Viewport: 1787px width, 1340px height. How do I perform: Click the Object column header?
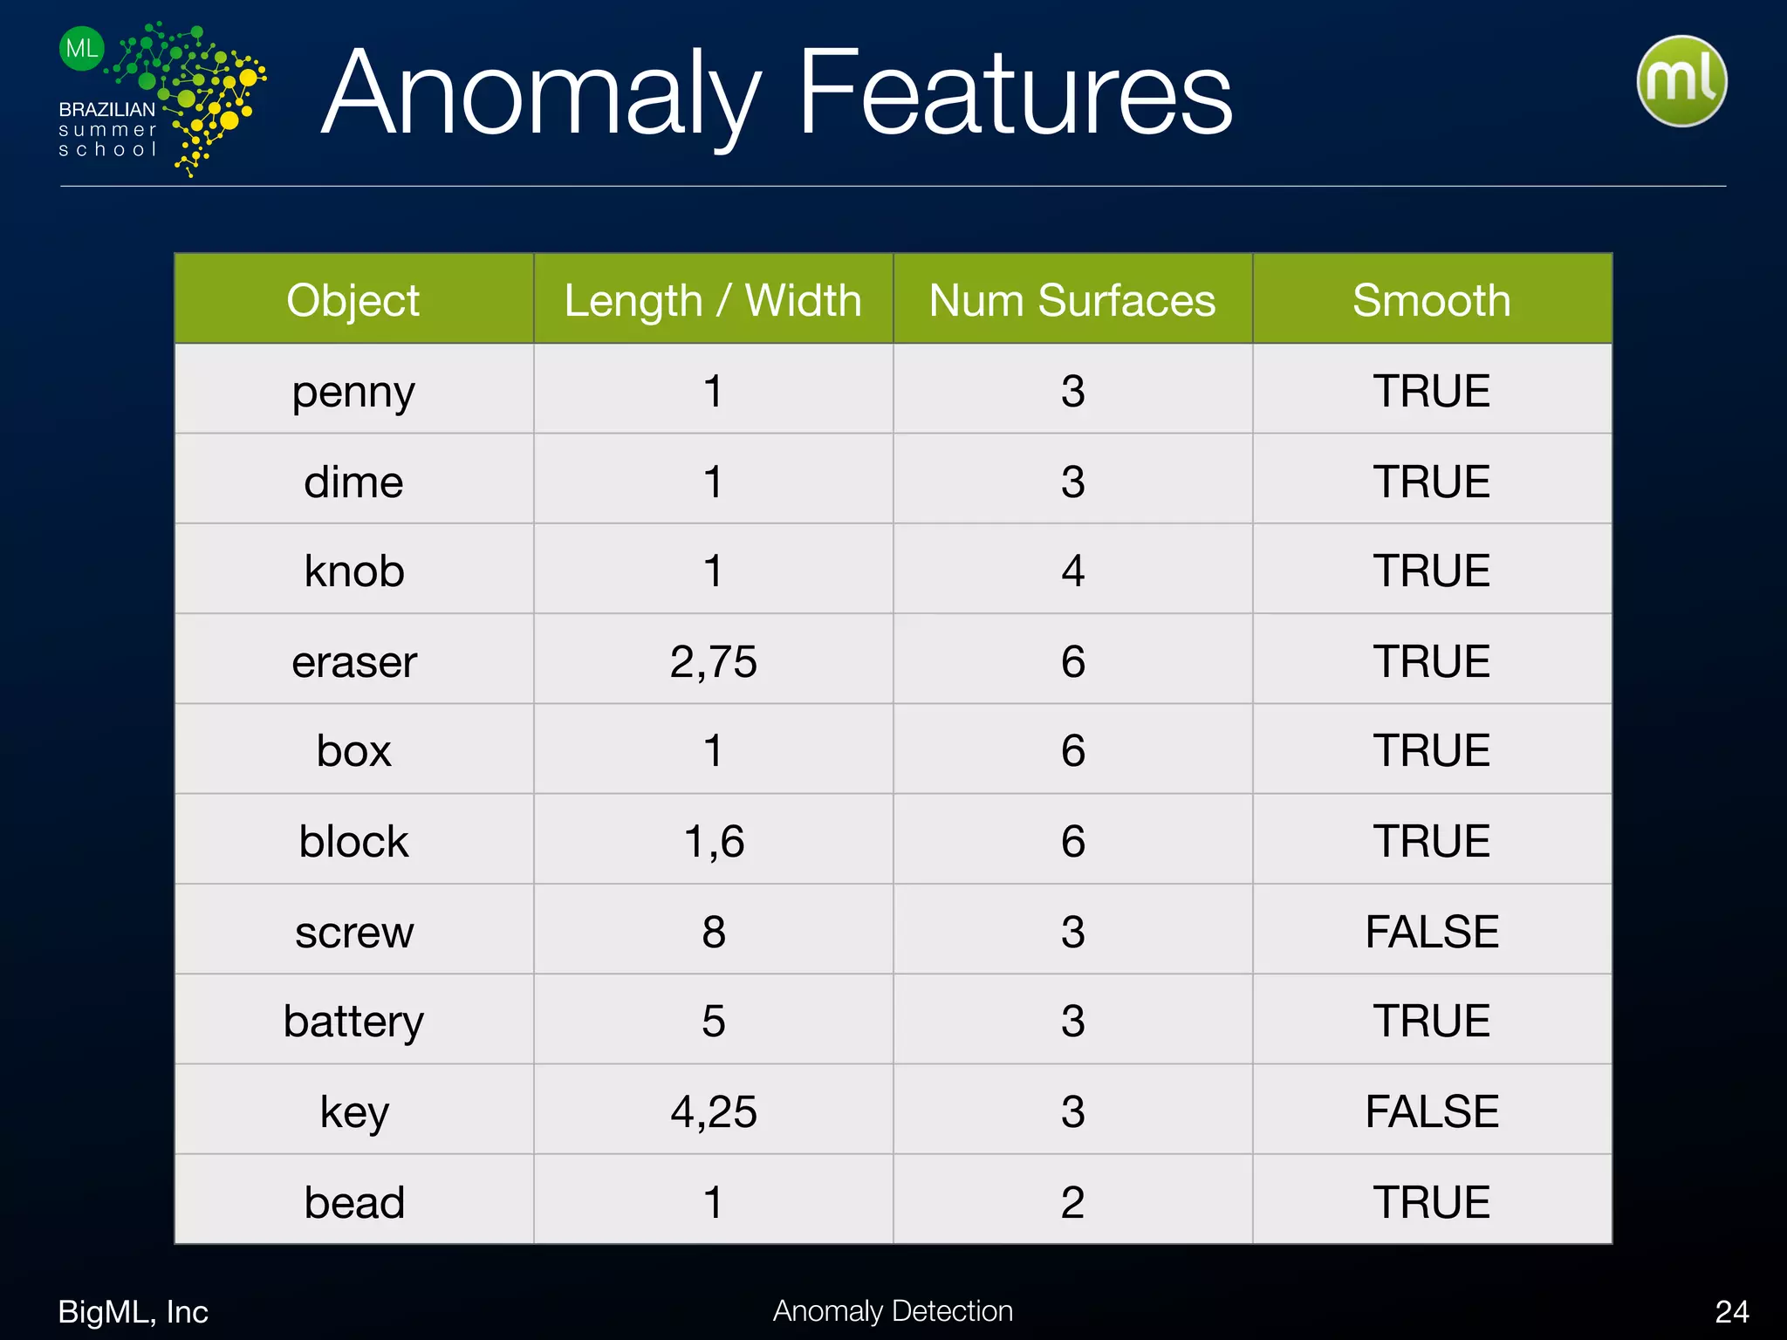[353, 300]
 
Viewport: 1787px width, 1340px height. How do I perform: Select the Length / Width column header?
[713, 300]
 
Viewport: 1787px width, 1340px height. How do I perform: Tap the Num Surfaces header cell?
[1072, 300]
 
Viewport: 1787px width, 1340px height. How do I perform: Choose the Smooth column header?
[1432, 300]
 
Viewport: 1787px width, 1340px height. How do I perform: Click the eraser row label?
[354, 661]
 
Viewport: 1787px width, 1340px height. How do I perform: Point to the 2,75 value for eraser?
[713, 661]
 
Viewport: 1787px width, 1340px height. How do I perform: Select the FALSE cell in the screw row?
[1432, 931]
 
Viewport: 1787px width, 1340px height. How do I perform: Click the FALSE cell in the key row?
[1432, 1111]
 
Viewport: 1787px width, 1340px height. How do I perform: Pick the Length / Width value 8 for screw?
[714, 931]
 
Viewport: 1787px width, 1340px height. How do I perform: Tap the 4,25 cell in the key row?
[713, 1111]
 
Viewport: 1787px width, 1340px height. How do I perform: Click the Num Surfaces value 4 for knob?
[1072, 571]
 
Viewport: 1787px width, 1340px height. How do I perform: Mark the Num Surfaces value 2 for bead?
[1072, 1202]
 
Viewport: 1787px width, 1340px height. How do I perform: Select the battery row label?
[353, 1022]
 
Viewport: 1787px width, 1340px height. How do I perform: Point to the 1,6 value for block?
[714, 841]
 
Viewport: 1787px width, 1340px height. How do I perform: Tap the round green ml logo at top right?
[1681, 81]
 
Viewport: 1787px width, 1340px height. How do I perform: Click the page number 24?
[1731, 1311]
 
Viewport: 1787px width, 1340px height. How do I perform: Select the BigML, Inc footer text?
[133, 1311]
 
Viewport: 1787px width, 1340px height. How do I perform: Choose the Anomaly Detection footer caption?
[893, 1310]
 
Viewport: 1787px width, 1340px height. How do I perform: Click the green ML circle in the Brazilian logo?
[82, 48]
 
